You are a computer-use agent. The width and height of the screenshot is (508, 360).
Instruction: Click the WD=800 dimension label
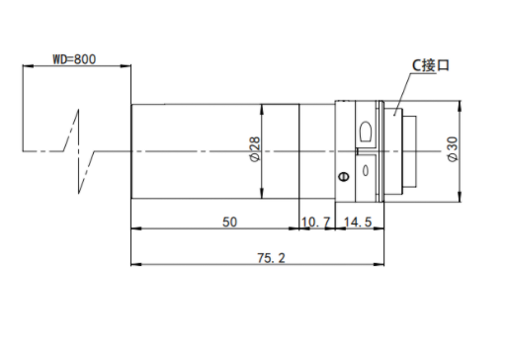click(74, 59)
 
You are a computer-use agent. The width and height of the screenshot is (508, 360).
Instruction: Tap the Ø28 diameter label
click(255, 149)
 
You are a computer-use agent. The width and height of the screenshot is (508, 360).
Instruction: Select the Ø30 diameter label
click(454, 149)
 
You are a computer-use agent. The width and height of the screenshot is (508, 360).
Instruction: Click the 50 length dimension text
click(229, 222)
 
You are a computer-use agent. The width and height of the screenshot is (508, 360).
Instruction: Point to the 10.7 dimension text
click(315, 222)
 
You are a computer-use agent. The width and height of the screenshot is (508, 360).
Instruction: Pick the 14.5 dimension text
click(358, 222)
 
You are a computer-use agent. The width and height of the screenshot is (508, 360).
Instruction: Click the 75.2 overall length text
click(271, 258)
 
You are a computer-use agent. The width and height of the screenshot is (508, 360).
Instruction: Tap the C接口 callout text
click(431, 65)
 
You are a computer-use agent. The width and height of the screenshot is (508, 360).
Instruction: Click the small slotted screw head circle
click(344, 176)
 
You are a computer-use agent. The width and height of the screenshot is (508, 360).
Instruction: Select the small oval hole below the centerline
click(366, 171)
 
